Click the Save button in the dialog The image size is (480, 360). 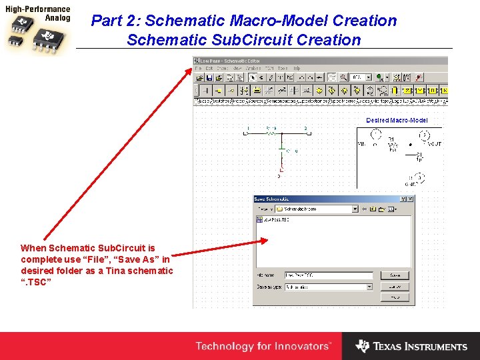[395, 275]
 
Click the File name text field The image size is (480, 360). [328, 275]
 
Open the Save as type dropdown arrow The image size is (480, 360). [369, 287]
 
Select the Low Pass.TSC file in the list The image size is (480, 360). [274, 219]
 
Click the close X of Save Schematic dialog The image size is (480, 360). [411, 199]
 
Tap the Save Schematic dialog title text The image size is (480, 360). [272, 199]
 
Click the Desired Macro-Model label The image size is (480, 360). [397, 120]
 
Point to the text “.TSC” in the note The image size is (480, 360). [36, 281]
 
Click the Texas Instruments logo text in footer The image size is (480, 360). [420, 347]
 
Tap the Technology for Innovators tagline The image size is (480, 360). [263, 346]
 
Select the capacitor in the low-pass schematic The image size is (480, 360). [282, 147]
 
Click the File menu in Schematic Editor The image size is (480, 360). [198, 68]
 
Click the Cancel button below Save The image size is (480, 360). [395, 287]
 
